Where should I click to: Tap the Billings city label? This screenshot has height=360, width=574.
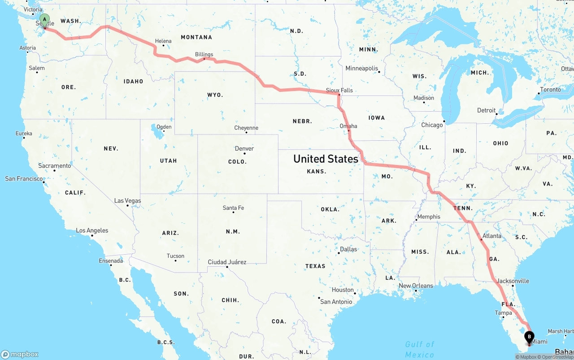(204, 54)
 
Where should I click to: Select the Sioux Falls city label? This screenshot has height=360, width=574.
(339, 90)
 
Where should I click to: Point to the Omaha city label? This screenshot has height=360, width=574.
(348, 126)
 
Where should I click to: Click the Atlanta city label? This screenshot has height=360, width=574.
(492, 236)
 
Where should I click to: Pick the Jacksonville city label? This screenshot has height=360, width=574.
(513, 281)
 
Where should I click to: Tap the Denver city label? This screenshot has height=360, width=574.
(244, 148)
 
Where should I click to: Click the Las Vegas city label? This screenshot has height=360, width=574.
(127, 200)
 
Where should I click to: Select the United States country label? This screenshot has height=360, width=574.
(326, 159)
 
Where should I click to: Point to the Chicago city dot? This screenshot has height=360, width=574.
(444, 121)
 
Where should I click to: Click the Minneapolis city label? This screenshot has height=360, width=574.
(361, 68)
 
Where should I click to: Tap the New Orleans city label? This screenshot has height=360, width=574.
(416, 286)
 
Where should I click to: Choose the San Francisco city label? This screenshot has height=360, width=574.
(24, 178)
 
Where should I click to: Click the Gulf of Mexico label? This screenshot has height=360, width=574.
(420, 349)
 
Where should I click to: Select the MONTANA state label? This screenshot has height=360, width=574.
(196, 37)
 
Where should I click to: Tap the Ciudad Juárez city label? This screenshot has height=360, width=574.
(227, 262)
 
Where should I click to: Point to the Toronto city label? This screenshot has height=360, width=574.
(550, 89)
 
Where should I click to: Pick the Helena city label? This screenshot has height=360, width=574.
(163, 41)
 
